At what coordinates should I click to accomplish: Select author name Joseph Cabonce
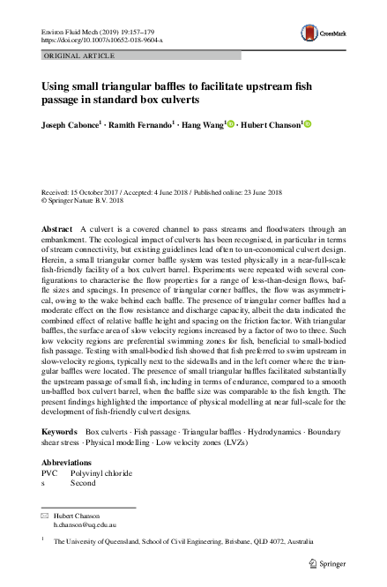(70, 125)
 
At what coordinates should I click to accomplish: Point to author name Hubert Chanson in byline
(270, 125)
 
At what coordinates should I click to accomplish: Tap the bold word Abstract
(57, 228)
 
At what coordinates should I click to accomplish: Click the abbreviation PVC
(49, 474)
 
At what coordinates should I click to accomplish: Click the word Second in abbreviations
(83, 483)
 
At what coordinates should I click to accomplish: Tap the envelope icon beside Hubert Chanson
(44, 516)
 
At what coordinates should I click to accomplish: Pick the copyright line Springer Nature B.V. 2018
(93, 199)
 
